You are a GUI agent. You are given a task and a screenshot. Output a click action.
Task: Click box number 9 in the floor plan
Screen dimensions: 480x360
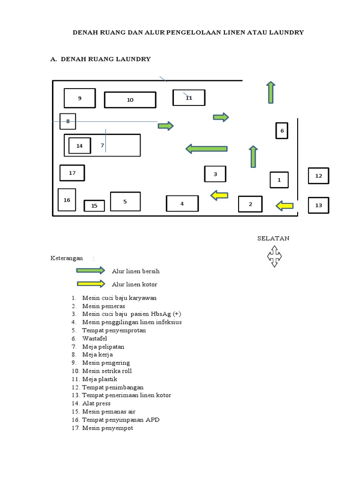tap(80, 98)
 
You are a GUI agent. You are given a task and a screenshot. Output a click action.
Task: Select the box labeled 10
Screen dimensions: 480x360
tap(130, 100)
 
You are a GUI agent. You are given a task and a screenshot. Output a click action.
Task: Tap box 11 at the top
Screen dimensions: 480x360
tap(189, 97)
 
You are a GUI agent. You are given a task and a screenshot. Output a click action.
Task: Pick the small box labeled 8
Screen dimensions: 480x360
tap(68, 121)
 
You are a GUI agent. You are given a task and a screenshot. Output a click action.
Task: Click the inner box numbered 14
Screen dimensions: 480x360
tap(80, 146)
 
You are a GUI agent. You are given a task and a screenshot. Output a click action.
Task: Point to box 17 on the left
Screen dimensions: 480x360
tap(72, 173)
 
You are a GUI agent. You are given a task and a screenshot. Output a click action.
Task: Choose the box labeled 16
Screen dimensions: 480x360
tap(67, 200)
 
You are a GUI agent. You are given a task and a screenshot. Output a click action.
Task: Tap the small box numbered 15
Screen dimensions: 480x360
tap(94, 206)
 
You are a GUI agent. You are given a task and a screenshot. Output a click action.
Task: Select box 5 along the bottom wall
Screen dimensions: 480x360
tap(125, 202)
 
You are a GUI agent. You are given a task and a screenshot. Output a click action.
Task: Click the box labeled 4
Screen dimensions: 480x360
tap(182, 203)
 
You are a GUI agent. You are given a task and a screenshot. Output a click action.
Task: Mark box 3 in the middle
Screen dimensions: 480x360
tap(215, 174)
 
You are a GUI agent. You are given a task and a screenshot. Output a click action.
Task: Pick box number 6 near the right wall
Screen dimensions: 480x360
tap(282, 131)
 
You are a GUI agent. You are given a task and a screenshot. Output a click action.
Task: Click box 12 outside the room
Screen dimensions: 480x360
tap(319, 176)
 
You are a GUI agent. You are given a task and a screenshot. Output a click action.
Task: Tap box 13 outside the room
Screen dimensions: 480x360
tap(319, 205)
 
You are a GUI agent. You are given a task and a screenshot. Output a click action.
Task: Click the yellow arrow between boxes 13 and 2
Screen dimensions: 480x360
tap(285, 205)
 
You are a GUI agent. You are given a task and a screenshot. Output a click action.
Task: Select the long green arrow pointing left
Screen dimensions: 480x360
tap(207, 149)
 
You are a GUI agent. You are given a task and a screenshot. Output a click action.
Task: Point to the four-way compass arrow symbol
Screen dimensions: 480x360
tap(274, 256)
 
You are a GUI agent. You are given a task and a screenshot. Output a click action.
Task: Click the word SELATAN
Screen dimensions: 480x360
tap(273, 238)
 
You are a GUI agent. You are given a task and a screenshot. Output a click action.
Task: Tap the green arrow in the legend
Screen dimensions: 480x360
tap(90, 270)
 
